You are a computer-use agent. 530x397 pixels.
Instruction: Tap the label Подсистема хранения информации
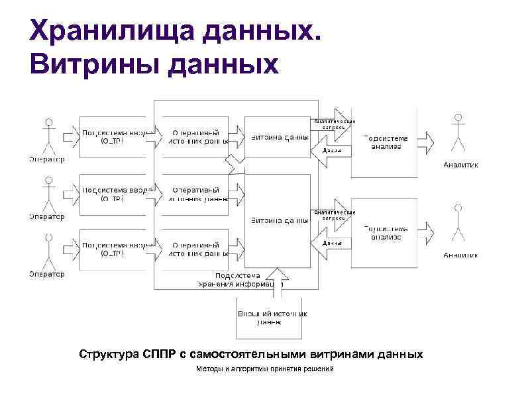(x=241, y=280)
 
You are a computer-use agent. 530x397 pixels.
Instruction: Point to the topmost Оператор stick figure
(x=47, y=136)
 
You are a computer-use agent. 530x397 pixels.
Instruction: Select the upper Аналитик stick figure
(x=457, y=136)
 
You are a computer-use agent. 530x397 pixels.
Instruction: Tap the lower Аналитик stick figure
(x=457, y=225)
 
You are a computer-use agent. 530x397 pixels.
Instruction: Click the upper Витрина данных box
(x=278, y=137)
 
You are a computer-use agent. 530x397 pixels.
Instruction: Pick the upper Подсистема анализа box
(x=384, y=142)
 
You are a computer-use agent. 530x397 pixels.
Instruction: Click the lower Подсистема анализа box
(x=384, y=232)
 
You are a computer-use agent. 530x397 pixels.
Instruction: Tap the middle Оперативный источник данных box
(x=195, y=193)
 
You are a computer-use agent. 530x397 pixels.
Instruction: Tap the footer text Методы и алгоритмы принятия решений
(x=265, y=369)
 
